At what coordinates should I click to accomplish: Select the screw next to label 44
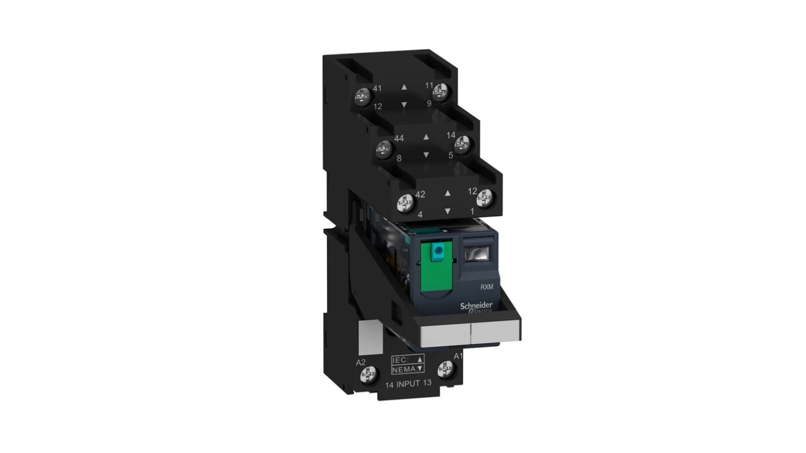tap(384, 150)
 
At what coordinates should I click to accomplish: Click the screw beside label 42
tap(405, 201)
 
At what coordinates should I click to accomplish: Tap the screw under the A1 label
tap(445, 369)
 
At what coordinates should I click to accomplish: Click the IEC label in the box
tap(400, 360)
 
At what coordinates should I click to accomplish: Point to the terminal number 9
tap(429, 103)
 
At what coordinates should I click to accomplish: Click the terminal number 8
tap(399, 159)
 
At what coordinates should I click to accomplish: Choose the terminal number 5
tap(450, 154)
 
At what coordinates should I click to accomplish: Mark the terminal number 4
tap(420, 215)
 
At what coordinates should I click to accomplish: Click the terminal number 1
tap(472, 211)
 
